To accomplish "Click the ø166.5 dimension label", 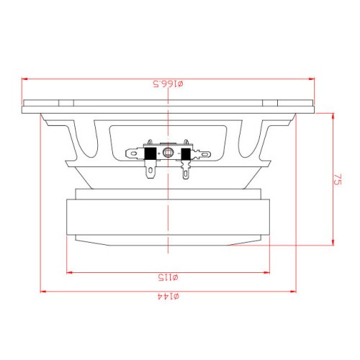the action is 168,84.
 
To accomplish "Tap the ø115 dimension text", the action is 168,277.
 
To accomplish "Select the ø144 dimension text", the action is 168,297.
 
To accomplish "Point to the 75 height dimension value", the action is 338,179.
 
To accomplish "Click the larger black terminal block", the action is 150,153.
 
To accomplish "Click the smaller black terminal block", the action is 186,154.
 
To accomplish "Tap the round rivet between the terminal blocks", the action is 168,153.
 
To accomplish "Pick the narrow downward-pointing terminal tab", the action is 186,170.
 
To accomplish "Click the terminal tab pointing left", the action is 135,153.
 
